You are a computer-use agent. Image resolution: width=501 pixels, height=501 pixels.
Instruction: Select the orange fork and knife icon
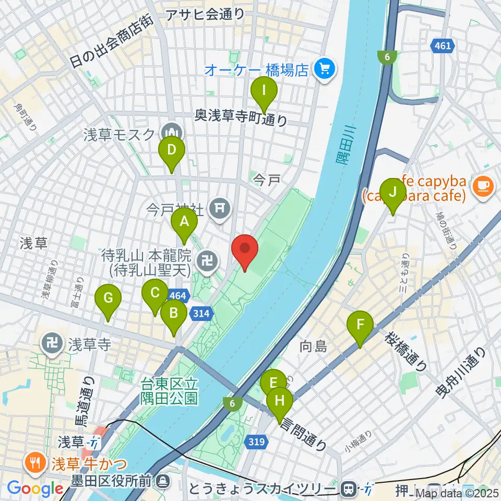(x=35, y=462)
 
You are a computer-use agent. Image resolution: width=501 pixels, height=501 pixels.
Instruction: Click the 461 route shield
(x=442, y=47)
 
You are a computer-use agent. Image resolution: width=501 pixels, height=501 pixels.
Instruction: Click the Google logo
(x=35, y=488)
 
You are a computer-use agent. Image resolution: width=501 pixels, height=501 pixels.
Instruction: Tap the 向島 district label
(x=313, y=345)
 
